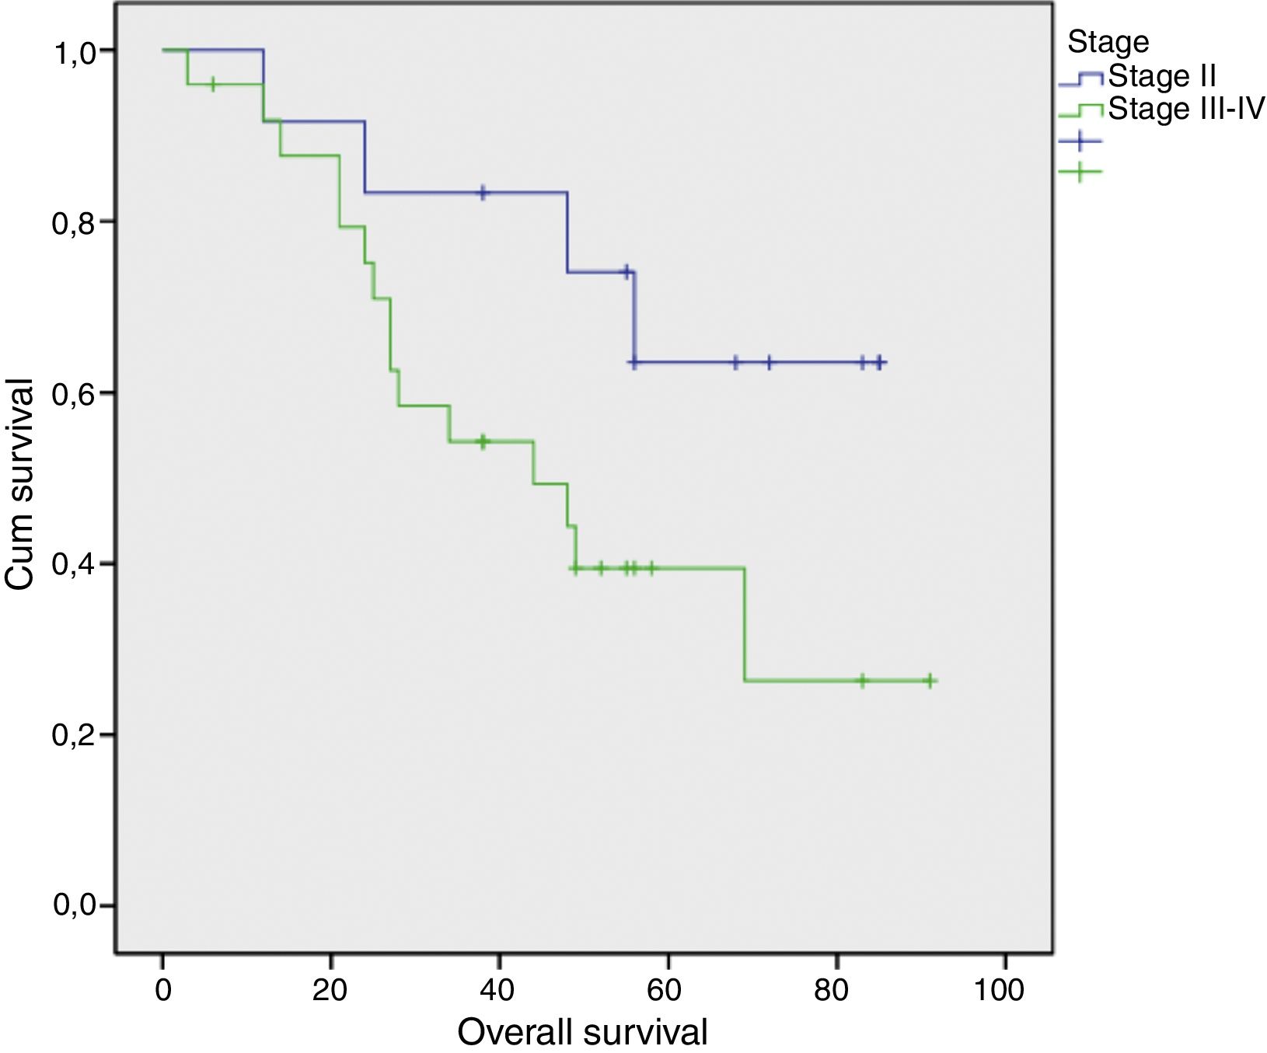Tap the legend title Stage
pyautogui.click(x=1108, y=41)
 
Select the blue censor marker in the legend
pyautogui.click(x=1080, y=141)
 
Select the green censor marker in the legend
pyautogui.click(x=1080, y=171)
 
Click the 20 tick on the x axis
pyautogui.click(x=330, y=990)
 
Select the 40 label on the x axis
pyautogui.click(x=498, y=990)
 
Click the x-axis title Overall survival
pyautogui.click(x=582, y=1032)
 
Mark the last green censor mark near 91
pyautogui.click(x=929, y=681)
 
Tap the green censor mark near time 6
pyautogui.click(x=213, y=84)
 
